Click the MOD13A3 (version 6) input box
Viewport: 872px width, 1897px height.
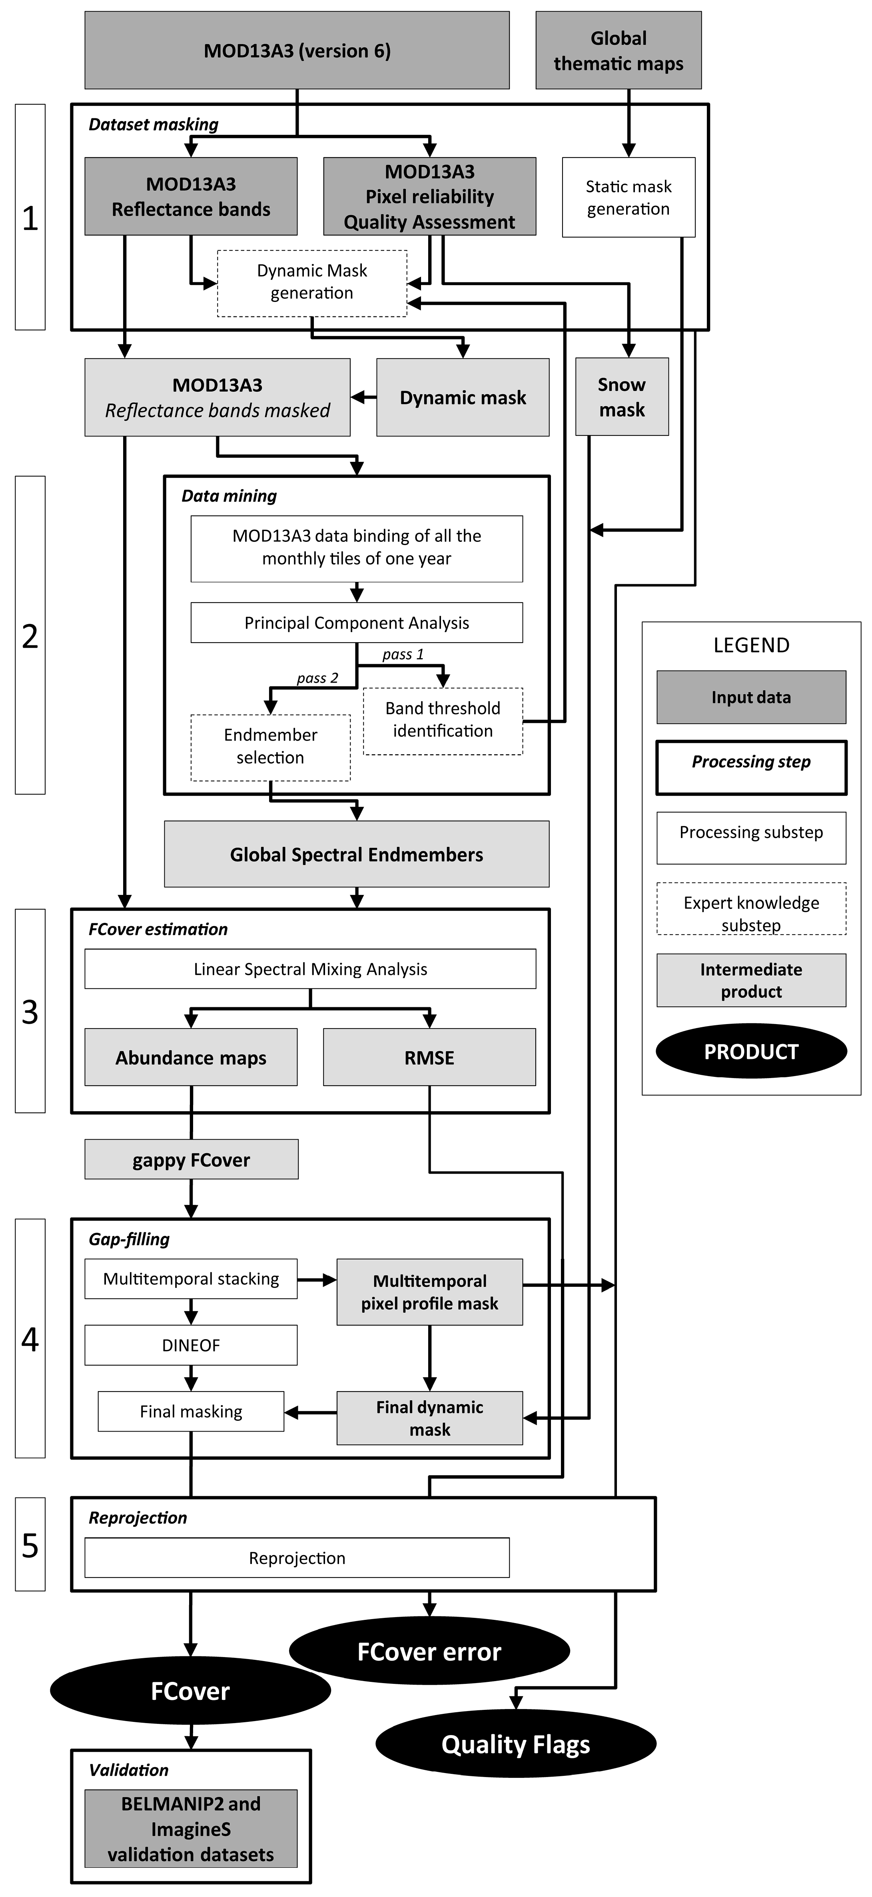click(297, 50)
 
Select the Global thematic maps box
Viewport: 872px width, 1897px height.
click(618, 50)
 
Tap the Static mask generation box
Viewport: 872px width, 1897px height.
click(628, 198)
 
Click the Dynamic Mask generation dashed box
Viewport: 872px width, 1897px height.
click(311, 283)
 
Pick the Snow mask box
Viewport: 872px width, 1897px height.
click(622, 397)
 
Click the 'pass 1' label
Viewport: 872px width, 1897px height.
click(403, 654)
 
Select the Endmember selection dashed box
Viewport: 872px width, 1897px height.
click(270, 747)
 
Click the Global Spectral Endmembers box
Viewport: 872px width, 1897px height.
click(357, 854)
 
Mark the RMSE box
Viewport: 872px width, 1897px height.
click(429, 1058)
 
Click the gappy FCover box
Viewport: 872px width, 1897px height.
click(192, 1160)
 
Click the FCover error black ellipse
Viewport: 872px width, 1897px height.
click(429, 1651)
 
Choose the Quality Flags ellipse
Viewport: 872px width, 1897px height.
click(515, 1744)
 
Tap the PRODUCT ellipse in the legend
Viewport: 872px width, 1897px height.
click(751, 1051)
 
